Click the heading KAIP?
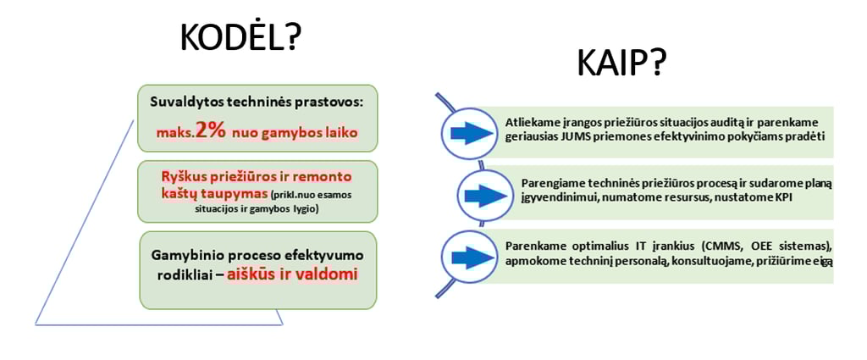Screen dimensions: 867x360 click(x=621, y=63)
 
